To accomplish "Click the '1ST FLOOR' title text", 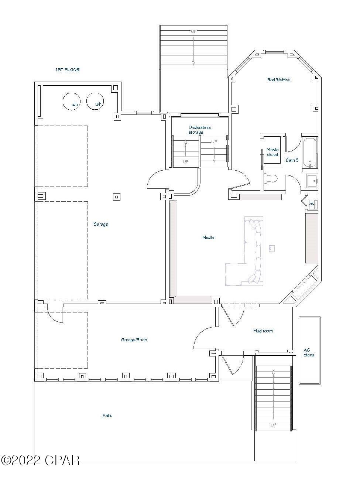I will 67,69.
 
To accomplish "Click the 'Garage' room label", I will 100,224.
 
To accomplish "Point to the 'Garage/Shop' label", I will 134,340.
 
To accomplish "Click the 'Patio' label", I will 107,416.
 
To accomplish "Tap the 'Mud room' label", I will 263,331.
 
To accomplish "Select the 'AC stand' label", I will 309,352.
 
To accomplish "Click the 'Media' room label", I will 208,237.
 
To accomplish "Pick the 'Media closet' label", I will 272,152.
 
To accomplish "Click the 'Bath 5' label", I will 292,160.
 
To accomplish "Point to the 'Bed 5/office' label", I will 279,80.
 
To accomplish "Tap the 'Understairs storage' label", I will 200,130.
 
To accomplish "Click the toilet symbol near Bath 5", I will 271,178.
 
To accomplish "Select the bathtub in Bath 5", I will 310,153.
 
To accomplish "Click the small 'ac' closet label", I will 311,204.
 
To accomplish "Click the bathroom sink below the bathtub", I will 312,181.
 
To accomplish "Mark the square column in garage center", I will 117,197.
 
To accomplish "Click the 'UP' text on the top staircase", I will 193,31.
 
